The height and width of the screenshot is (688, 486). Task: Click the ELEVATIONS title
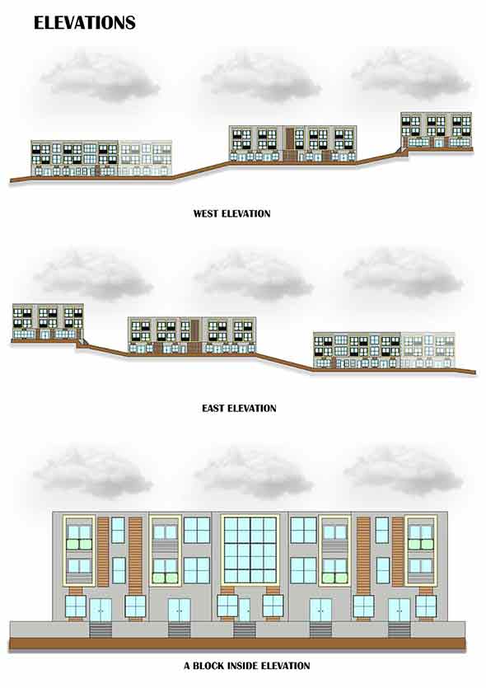[x=85, y=23]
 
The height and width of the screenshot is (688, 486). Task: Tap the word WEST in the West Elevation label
[x=206, y=214]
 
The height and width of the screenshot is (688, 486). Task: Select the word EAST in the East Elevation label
[x=213, y=409]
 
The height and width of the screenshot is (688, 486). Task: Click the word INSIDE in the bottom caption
[x=242, y=666]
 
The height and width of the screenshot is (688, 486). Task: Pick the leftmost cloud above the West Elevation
[x=100, y=77]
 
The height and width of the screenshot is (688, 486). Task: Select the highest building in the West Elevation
[x=437, y=130]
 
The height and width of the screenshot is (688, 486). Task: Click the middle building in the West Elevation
[x=292, y=143]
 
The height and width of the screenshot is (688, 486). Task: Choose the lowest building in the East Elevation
[x=384, y=350]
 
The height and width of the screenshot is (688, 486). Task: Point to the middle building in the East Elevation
[x=192, y=335]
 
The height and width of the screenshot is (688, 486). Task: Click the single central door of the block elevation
[x=245, y=610]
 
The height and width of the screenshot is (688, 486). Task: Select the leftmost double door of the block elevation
[x=100, y=610]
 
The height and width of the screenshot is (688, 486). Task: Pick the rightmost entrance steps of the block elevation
[x=400, y=630]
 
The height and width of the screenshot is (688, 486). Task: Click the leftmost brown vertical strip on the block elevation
[x=103, y=551]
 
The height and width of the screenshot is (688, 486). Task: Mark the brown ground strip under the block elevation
[x=237, y=644]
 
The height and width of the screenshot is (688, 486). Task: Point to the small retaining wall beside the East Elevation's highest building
[x=82, y=341]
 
